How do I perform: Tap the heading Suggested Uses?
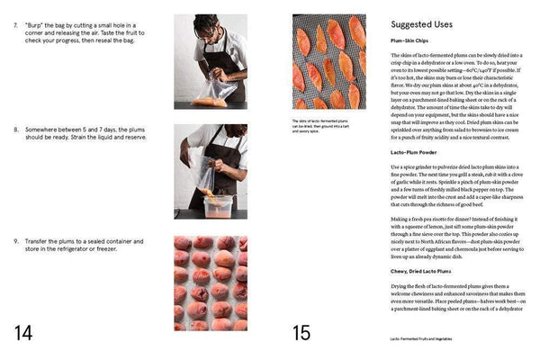[422, 24]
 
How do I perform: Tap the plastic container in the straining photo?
[220, 202]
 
